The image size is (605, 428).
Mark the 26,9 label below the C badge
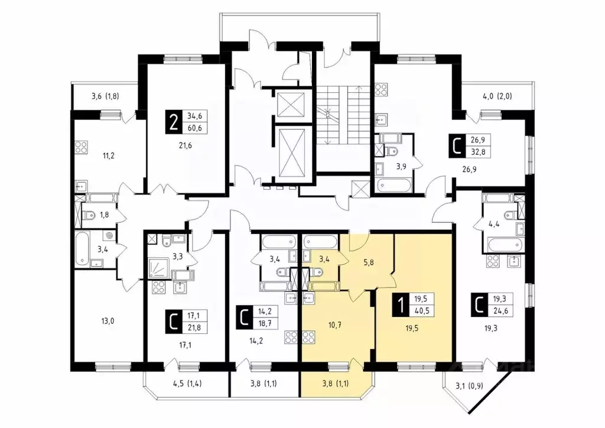469,168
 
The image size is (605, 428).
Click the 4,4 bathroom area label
494,223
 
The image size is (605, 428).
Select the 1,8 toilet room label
104,215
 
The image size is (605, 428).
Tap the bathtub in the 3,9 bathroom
393,184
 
